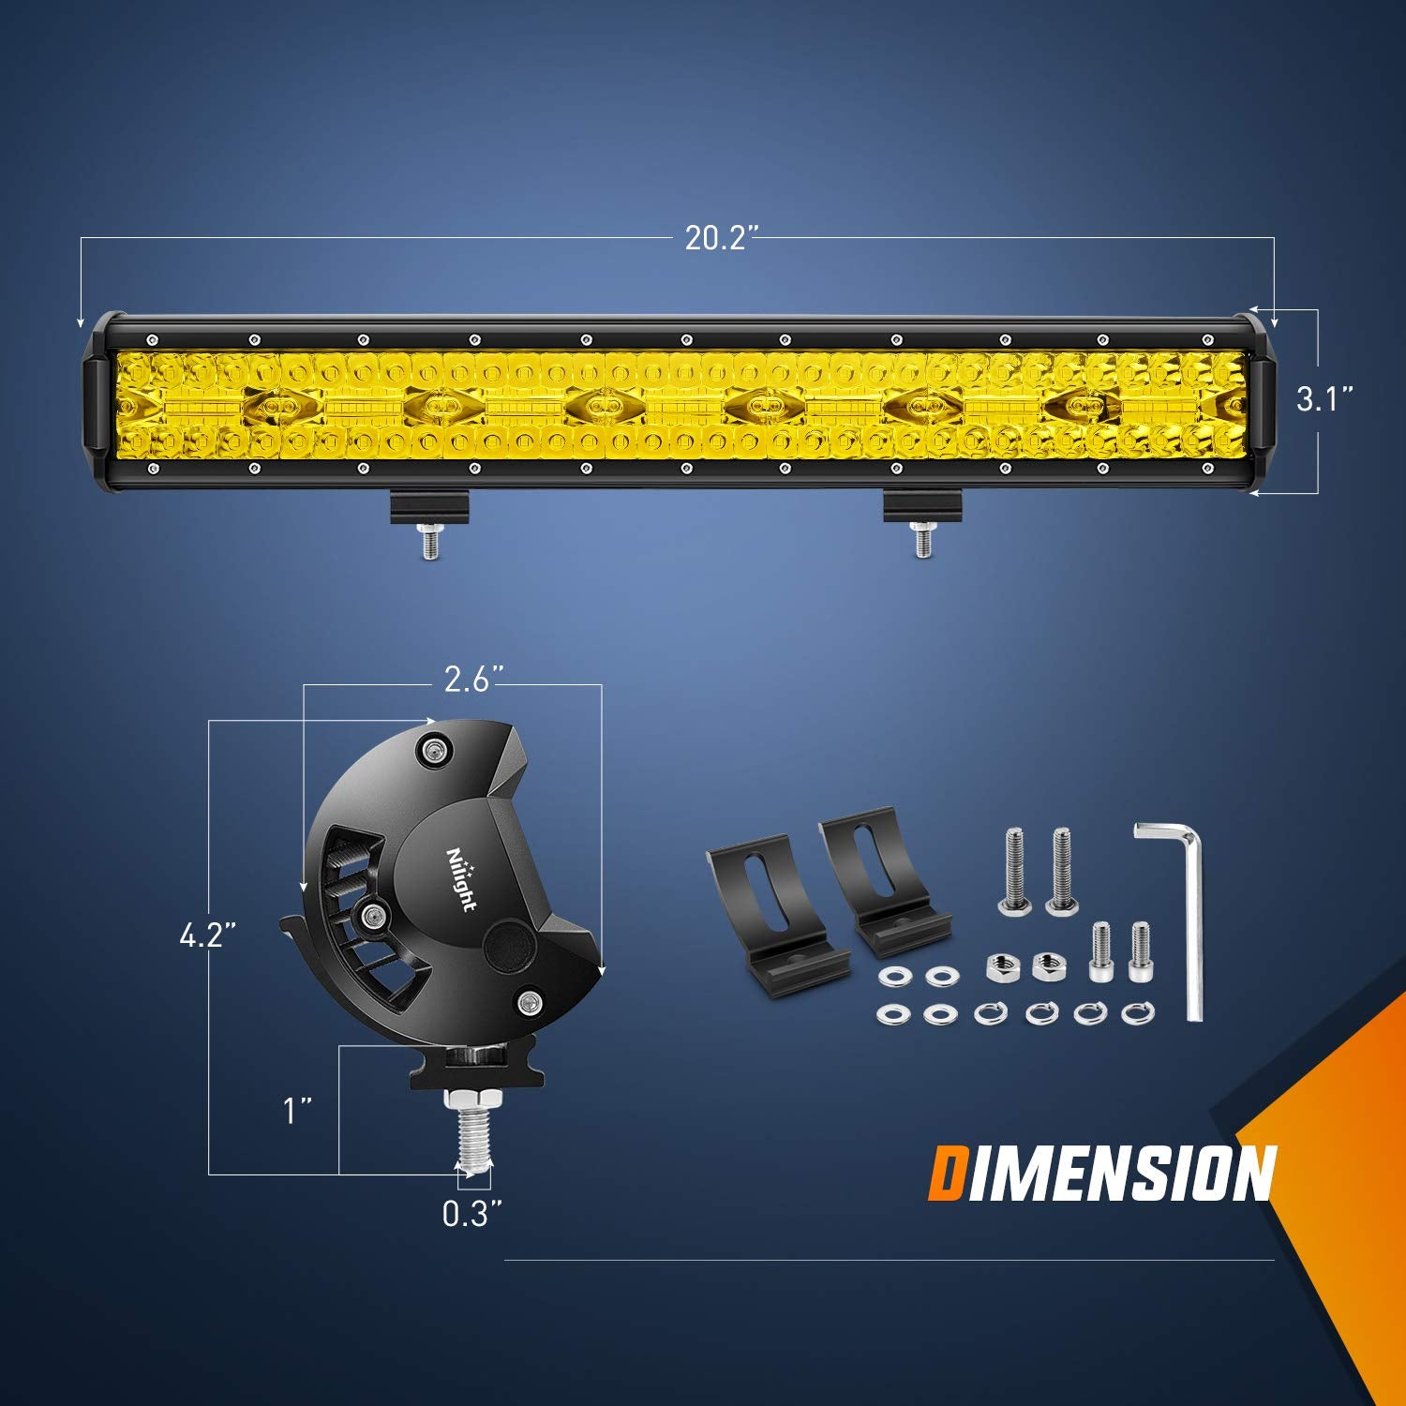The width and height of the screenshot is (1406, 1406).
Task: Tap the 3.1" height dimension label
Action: point(1324,400)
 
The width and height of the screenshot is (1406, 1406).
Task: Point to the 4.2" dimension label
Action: point(206,935)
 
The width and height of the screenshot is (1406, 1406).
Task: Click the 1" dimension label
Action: point(297,1112)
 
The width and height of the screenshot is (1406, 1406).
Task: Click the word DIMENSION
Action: point(1101,1173)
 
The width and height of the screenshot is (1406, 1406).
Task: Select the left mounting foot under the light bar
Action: point(429,511)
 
